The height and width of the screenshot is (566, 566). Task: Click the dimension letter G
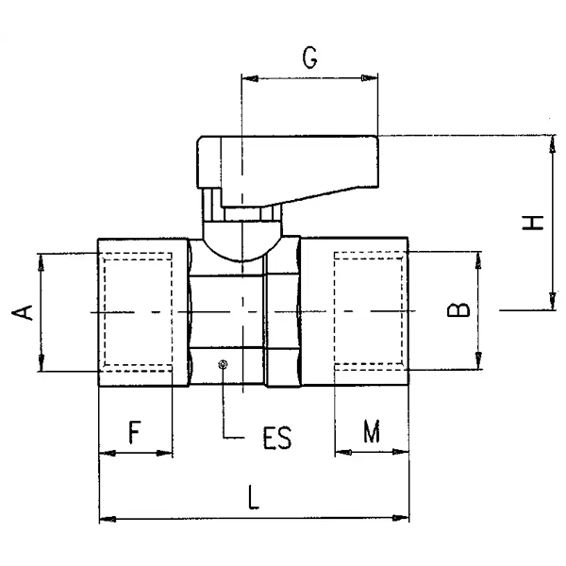tap(309, 58)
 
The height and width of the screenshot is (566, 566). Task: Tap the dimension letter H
tap(533, 223)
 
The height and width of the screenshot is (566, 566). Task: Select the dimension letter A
tap(23, 312)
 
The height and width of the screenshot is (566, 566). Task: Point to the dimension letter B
tap(458, 309)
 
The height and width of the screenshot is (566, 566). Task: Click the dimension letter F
tap(134, 432)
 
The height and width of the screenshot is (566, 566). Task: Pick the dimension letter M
tap(372, 431)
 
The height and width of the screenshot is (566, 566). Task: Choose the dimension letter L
tap(254, 497)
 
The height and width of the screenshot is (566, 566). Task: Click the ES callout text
tap(276, 439)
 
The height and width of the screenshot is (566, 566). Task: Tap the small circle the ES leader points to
tap(223, 364)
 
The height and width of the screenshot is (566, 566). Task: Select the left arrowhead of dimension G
tap(250, 78)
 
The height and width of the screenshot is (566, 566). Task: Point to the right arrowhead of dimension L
tap(401, 518)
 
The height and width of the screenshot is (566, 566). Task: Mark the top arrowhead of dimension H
tap(552, 144)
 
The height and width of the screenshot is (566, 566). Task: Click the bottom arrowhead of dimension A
tap(42, 362)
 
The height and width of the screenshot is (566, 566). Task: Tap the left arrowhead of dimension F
tap(108, 453)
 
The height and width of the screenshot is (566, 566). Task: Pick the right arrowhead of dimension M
tap(400, 452)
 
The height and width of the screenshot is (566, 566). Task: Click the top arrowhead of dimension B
tap(478, 260)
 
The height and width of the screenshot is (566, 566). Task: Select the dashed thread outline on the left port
tap(138, 312)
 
